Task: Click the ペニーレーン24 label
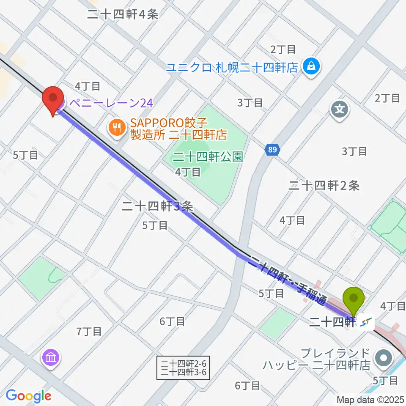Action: coord(110,103)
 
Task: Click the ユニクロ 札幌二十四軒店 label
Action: coord(232,67)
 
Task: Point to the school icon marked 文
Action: coord(340,110)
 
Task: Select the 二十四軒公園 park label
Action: coord(207,157)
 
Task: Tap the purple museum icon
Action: coord(51,358)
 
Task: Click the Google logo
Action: coord(28,396)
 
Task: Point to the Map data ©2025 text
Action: coord(370,399)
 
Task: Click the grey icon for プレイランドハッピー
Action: coord(384,358)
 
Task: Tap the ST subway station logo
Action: coord(366,323)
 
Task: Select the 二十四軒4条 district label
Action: coord(123,14)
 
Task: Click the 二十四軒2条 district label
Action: coord(324,185)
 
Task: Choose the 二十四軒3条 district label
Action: coord(157,206)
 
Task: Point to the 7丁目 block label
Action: coord(89,331)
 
